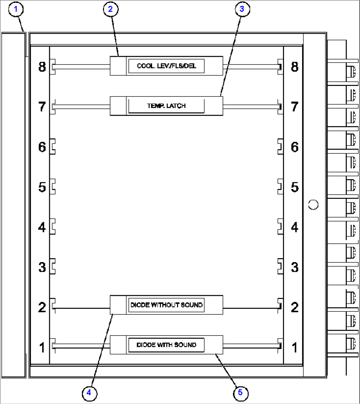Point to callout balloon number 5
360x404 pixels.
[x=240, y=392]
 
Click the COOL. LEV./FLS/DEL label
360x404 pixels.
[x=166, y=66]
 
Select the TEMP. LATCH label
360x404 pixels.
[x=166, y=106]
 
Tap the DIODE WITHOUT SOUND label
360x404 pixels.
[x=166, y=305]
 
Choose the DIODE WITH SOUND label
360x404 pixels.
[x=166, y=345]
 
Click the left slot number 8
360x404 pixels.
[x=42, y=67]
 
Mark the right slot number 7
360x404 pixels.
[x=294, y=107]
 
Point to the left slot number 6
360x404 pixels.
[x=42, y=147]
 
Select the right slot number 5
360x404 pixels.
[x=294, y=187]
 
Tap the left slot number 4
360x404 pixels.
[x=42, y=227]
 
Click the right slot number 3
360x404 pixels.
[x=294, y=267]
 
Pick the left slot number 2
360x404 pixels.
[x=42, y=307]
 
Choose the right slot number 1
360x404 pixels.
[x=294, y=347]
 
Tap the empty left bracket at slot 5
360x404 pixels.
[x=53, y=186]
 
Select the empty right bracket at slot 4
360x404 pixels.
[x=280, y=226]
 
